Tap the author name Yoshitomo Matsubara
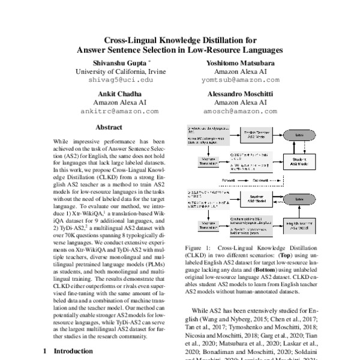236,62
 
